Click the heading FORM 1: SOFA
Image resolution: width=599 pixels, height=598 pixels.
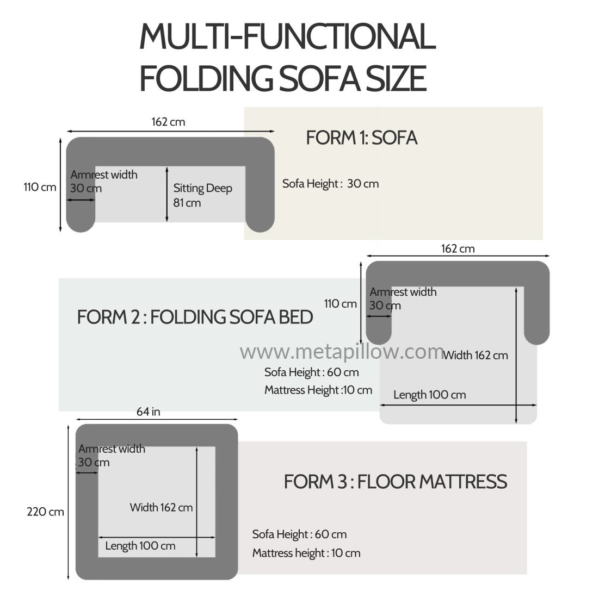[x=361, y=138]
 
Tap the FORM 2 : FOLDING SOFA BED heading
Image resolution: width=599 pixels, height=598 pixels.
[x=195, y=317]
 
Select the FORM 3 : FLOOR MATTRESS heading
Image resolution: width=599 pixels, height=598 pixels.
[x=396, y=482]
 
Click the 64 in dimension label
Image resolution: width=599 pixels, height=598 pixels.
[x=148, y=412]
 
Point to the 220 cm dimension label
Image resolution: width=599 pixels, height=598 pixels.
[x=45, y=512]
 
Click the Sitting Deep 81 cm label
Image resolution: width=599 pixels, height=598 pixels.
[x=202, y=195]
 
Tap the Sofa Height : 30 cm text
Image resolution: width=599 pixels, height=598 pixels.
[x=330, y=184]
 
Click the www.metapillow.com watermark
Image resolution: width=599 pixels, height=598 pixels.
[x=342, y=352]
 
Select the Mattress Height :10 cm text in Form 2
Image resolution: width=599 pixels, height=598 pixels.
[x=318, y=390]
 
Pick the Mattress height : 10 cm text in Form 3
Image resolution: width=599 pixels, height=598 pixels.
[x=306, y=553]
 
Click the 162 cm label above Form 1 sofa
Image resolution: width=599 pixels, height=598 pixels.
[x=168, y=122]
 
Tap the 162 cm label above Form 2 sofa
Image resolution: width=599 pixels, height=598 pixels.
[x=458, y=249]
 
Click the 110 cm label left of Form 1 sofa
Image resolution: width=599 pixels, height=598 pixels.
[x=40, y=187]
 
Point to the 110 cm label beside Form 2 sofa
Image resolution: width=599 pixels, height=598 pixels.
[x=341, y=304]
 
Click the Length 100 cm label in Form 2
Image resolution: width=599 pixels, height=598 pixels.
[x=430, y=395]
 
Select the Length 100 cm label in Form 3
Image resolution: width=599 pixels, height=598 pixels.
[x=140, y=546]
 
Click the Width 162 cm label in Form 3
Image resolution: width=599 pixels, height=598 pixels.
[x=161, y=508]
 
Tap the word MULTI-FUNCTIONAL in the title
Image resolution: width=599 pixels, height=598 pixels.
[x=288, y=36]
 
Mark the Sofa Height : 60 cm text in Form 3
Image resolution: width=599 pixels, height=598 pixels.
[x=299, y=534]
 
